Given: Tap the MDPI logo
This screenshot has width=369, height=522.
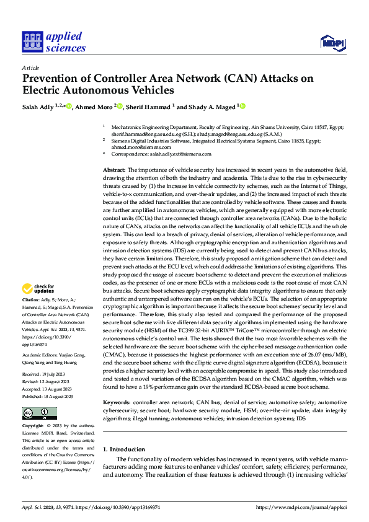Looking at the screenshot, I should pyautogui.click(x=332, y=42).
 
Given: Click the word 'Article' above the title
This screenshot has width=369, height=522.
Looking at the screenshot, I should pyautogui.click(x=30, y=68).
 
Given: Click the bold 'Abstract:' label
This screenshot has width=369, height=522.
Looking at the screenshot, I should pyautogui.click(x=114, y=169).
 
